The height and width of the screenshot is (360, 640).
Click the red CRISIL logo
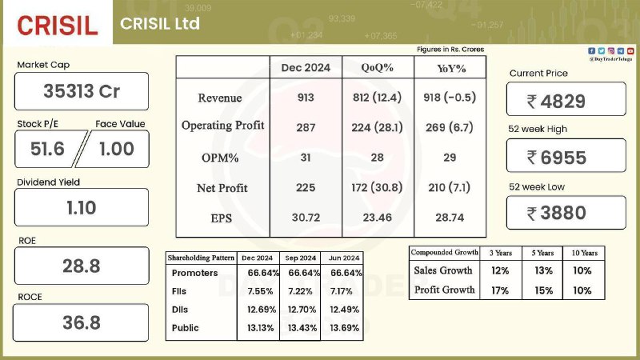coord(58,26)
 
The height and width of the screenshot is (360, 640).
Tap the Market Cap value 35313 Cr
coord(82,91)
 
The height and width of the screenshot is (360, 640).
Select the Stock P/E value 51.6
coord(47,149)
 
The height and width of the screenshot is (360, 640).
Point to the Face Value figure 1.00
coord(117,149)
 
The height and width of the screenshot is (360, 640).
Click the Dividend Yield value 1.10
coord(82,208)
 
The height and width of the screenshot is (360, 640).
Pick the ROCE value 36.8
coord(82,323)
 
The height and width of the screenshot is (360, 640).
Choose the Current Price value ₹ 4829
coord(556,102)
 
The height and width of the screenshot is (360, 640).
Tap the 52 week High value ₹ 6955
coord(557,158)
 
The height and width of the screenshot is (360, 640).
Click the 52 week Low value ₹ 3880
coord(557,213)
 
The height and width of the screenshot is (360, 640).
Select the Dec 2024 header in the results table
coord(306,68)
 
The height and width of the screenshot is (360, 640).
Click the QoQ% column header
coord(378,68)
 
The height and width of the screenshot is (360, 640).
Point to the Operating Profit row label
coord(223,126)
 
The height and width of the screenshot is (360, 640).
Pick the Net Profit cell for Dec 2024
coord(306,187)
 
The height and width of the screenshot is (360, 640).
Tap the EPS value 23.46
coord(378,218)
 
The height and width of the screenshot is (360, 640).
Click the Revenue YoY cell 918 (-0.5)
coord(450,98)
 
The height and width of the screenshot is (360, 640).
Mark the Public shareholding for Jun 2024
coord(345,328)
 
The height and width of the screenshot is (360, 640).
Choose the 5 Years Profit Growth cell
coord(543,290)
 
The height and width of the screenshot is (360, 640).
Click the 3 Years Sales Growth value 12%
coord(500,270)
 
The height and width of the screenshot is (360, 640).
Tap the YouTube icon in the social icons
coord(630,51)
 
